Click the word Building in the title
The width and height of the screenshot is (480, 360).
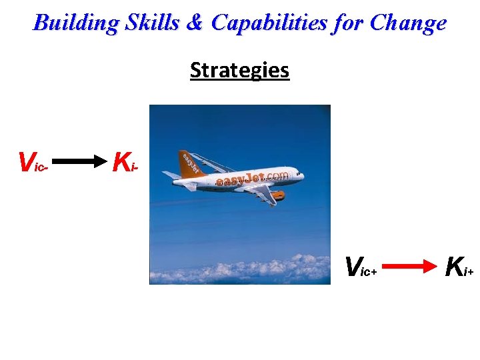tap(75, 23)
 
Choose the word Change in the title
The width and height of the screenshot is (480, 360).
tap(408, 23)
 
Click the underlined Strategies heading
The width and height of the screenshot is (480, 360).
tap(239, 70)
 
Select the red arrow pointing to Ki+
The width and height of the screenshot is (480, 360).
tap(408, 267)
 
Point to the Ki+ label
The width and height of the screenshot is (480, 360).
tap(459, 267)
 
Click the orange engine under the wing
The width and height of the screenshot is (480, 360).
tap(276, 195)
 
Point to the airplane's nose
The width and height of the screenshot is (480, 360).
tap(303, 176)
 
